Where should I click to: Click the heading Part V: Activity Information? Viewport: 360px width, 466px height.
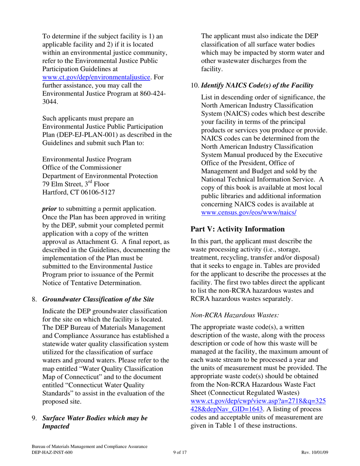pyautogui.click(x=237, y=229)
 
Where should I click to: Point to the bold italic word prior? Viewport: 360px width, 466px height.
pyautogui.click(x=49, y=209)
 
